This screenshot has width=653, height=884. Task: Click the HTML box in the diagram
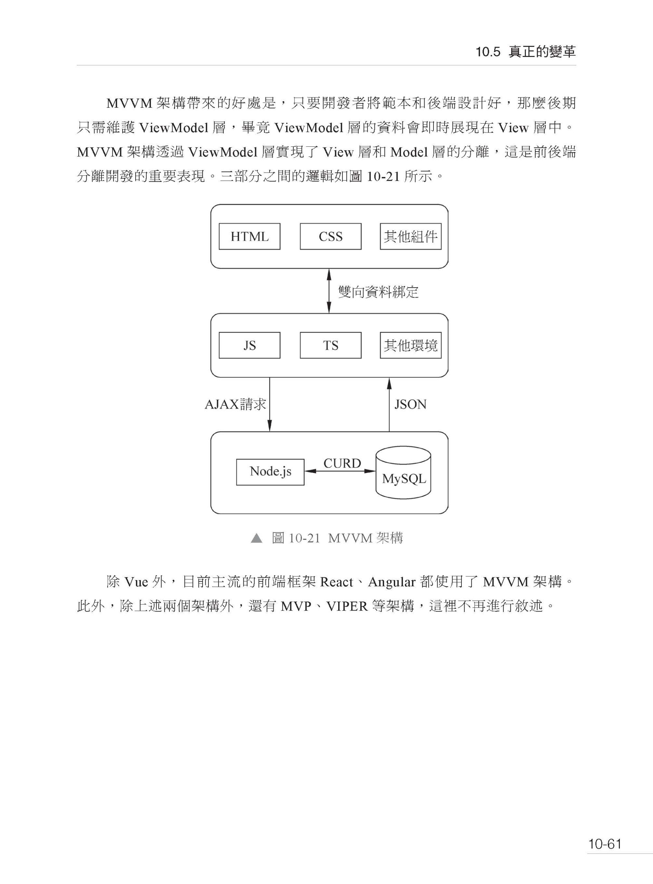tap(250, 237)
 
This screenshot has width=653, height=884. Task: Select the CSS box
tap(330, 237)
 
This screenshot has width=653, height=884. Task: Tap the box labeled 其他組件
tap(411, 237)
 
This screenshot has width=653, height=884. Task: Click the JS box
tap(250, 345)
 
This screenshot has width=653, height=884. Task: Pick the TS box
tap(330, 345)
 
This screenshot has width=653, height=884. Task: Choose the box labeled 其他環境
tap(411, 345)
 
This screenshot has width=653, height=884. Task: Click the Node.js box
tap(270, 472)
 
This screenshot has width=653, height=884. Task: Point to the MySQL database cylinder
tap(403, 472)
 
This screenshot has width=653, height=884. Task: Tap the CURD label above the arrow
tap(342, 463)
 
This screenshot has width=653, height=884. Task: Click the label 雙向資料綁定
tap(378, 292)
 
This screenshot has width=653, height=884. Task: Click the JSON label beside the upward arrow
tap(410, 405)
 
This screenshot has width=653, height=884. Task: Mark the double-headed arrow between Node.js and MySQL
tap(340, 471)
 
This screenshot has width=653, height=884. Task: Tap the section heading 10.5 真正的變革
tap(526, 52)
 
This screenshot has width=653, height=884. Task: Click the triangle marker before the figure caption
tap(256, 538)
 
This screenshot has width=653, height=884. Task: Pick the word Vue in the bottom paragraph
tap(136, 582)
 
